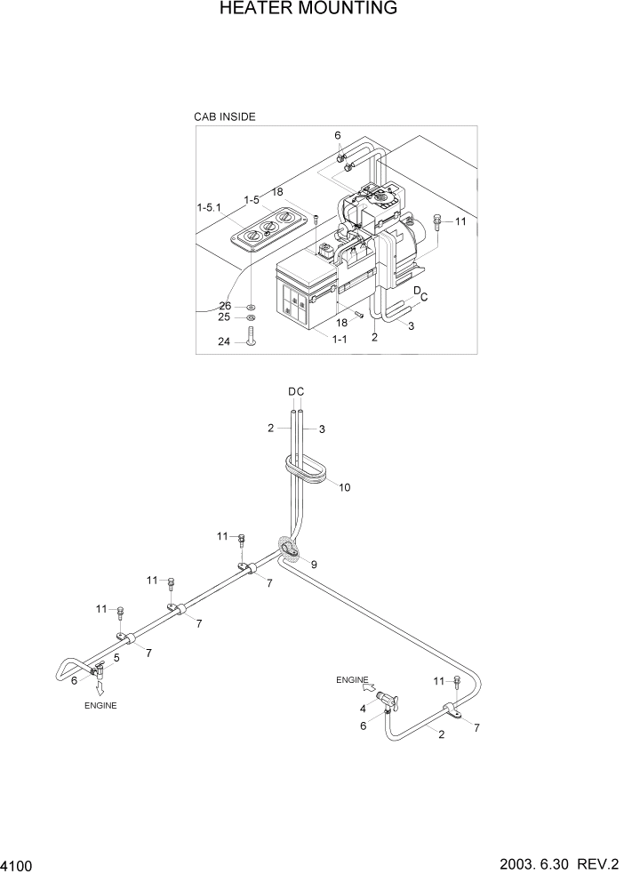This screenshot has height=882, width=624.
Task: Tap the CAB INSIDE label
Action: pyautogui.click(x=225, y=116)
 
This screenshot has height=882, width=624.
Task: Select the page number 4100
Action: pyautogui.click(x=17, y=864)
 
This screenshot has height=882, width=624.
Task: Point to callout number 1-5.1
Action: pyautogui.click(x=211, y=206)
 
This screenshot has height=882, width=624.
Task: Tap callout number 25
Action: pyautogui.click(x=225, y=317)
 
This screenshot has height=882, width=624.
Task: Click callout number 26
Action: pyautogui.click(x=225, y=306)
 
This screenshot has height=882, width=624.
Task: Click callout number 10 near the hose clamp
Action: pyautogui.click(x=344, y=487)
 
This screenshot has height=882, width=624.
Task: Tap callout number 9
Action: pyautogui.click(x=313, y=564)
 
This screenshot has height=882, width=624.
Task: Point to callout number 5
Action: pyautogui.click(x=116, y=657)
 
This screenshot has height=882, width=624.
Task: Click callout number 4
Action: pyautogui.click(x=362, y=709)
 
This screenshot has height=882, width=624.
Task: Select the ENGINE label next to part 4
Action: pyautogui.click(x=352, y=680)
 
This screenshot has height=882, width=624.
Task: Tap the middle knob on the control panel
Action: pyautogui.click(x=267, y=226)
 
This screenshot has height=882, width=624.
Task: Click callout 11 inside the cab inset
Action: pyautogui.click(x=460, y=220)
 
